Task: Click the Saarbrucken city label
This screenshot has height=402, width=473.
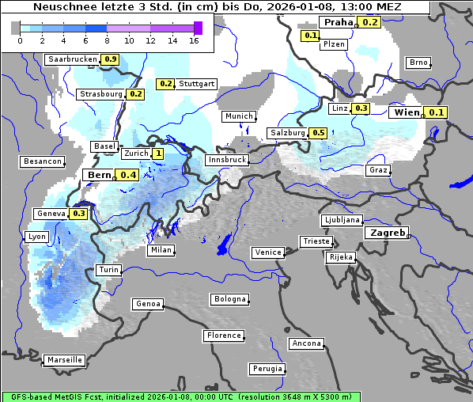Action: tap(72, 59)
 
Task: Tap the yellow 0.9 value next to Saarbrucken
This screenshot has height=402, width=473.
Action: tap(110, 59)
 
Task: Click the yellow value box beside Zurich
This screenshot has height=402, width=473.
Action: tap(158, 154)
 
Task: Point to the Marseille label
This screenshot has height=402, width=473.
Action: tap(64, 360)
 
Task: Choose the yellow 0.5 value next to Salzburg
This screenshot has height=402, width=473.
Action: tap(318, 133)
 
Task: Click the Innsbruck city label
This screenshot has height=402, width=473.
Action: tap(226, 160)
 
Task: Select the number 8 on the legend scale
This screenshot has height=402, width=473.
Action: tap(107, 40)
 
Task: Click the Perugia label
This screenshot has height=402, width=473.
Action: tap(267, 369)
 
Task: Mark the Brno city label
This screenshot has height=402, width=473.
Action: tap(418, 63)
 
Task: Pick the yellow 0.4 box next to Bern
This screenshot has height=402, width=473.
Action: tap(128, 175)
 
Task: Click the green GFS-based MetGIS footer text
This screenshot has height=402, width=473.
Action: tap(180, 396)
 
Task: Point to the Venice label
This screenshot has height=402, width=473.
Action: tap(267, 252)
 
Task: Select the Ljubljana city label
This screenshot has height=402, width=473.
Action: tap(342, 220)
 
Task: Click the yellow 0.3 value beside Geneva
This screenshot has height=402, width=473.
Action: tap(79, 214)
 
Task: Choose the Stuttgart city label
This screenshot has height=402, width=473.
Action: tap(197, 83)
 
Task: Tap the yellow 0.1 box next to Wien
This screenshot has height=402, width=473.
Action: tap(437, 113)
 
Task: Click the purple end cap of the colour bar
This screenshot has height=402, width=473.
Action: tap(198, 28)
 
